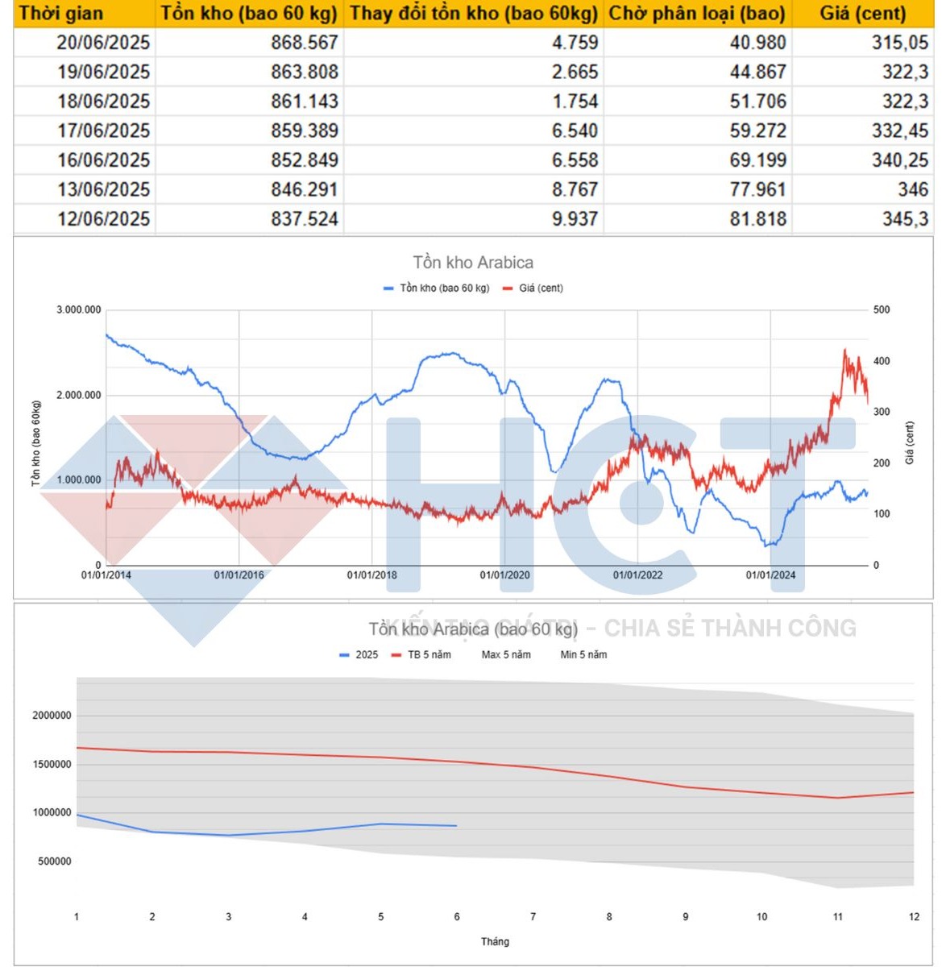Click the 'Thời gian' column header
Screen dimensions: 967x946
pyautogui.click(x=61, y=14)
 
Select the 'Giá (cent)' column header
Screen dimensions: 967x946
pyautogui.click(x=862, y=14)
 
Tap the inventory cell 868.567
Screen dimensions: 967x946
pyautogui.click(x=304, y=43)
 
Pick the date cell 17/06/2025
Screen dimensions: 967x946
pyautogui.click(x=103, y=131)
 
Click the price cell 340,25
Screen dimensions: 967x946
pyautogui.click(x=899, y=160)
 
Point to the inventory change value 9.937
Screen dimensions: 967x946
pyautogui.click(x=575, y=219)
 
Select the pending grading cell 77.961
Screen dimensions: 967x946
pyautogui.click(x=757, y=189)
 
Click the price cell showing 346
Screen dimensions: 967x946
pyautogui.click(x=912, y=189)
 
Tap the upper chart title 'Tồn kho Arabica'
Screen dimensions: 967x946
pyautogui.click(x=473, y=263)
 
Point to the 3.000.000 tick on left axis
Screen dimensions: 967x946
pyautogui.click(x=79, y=310)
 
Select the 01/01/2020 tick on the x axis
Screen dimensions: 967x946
pyautogui.click(x=504, y=575)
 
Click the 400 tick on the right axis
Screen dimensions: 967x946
pyautogui.click(x=882, y=361)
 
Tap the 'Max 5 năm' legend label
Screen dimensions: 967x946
pyautogui.click(x=506, y=655)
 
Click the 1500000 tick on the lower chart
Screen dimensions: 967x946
pyautogui.click(x=52, y=764)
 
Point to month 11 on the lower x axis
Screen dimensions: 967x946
pyautogui.click(x=838, y=917)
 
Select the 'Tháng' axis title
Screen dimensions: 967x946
pyautogui.click(x=495, y=941)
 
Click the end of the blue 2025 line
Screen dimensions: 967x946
pyautogui.click(x=456, y=826)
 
